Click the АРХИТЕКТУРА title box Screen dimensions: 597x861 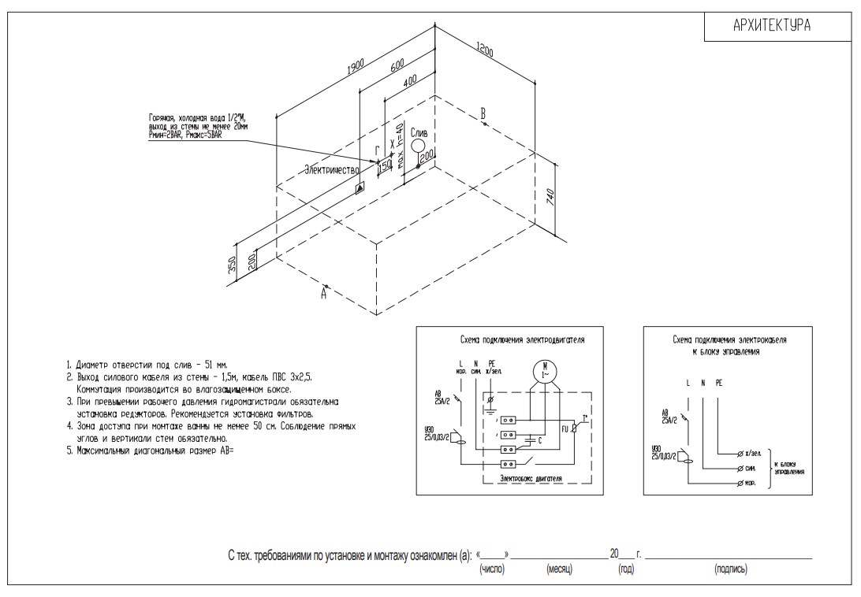(x=772, y=27)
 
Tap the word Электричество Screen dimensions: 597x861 (x=332, y=169)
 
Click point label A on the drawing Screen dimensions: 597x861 (x=323, y=293)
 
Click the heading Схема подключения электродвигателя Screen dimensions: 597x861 (x=522, y=340)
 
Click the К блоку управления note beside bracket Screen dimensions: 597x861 (x=789, y=468)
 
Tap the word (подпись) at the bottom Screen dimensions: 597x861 (x=730, y=568)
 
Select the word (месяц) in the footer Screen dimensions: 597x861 (x=559, y=568)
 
